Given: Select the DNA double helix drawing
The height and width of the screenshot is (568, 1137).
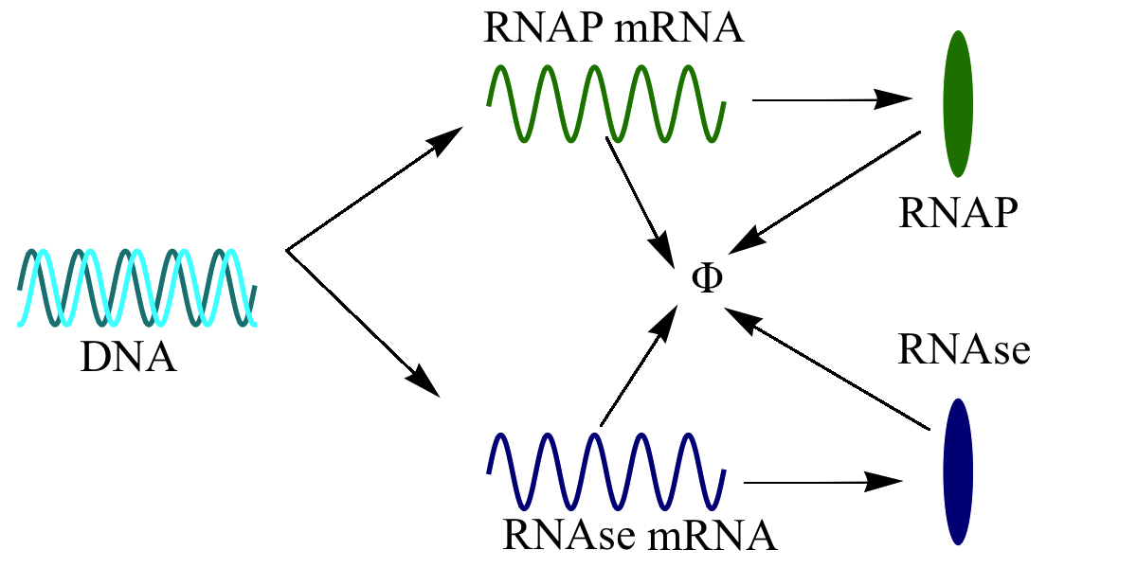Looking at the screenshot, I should click(136, 288).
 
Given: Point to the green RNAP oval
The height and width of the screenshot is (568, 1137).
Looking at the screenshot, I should click(959, 104).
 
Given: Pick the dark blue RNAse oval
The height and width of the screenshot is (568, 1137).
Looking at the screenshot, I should click(958, 470).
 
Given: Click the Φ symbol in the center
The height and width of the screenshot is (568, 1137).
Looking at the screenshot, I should click(707, 280).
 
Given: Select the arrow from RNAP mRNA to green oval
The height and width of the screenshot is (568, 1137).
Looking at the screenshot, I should click(829, 98).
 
